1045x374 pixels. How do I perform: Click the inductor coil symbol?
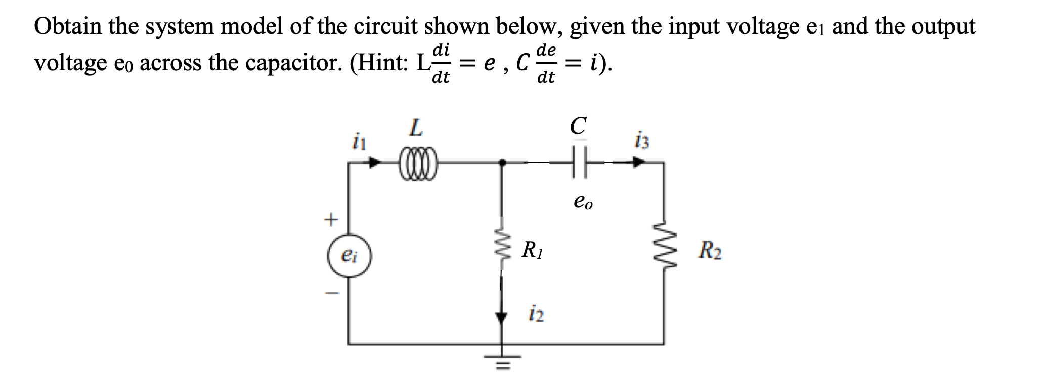(x=418, y=163)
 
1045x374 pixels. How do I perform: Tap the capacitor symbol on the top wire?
(x=579, y=163)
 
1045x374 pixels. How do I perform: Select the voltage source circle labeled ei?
(x=349, y=256)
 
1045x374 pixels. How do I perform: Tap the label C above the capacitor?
(x=578, y=126)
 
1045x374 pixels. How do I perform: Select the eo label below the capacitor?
(x=583, y=202)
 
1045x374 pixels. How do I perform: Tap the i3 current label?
(x=642, y=141)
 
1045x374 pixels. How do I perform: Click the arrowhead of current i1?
(x=376, y=163)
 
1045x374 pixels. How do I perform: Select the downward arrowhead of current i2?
(x=502, y=317)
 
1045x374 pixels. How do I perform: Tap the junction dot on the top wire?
(x=502, y=163)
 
